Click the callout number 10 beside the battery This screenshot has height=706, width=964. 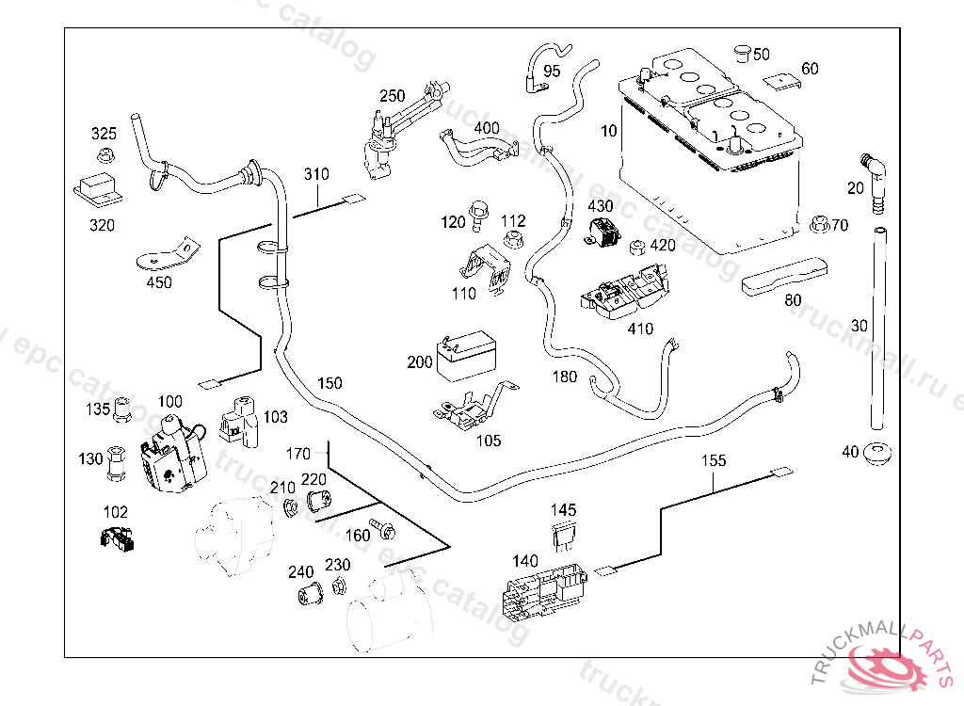click(x=609, y=131)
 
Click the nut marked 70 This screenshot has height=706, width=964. click(x=818, y=226)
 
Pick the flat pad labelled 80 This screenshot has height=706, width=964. click(x=785, y=275)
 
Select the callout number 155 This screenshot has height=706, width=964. click(x=714, y=460)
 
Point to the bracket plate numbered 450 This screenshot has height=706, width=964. click(x=169, y=253)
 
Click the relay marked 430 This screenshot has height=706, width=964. click(x=603, y=231)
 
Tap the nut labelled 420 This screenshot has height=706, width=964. click(x=635, y=247)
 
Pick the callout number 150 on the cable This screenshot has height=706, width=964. click(x=329, y=383)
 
